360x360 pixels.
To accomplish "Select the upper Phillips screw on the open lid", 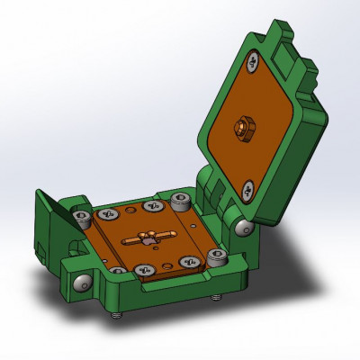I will click(x=256, y=62).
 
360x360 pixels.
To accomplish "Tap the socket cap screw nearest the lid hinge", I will click(x=180, y=200).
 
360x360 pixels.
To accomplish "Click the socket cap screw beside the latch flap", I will click(x=83, y=217).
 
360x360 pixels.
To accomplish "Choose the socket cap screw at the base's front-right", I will click(x=216, y=259).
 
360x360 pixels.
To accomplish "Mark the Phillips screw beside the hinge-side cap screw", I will click(x=150, y=206).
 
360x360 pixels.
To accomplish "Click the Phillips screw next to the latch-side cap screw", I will click(x=109, y=214).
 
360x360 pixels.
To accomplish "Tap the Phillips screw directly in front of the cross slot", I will click(x=142, y=269).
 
